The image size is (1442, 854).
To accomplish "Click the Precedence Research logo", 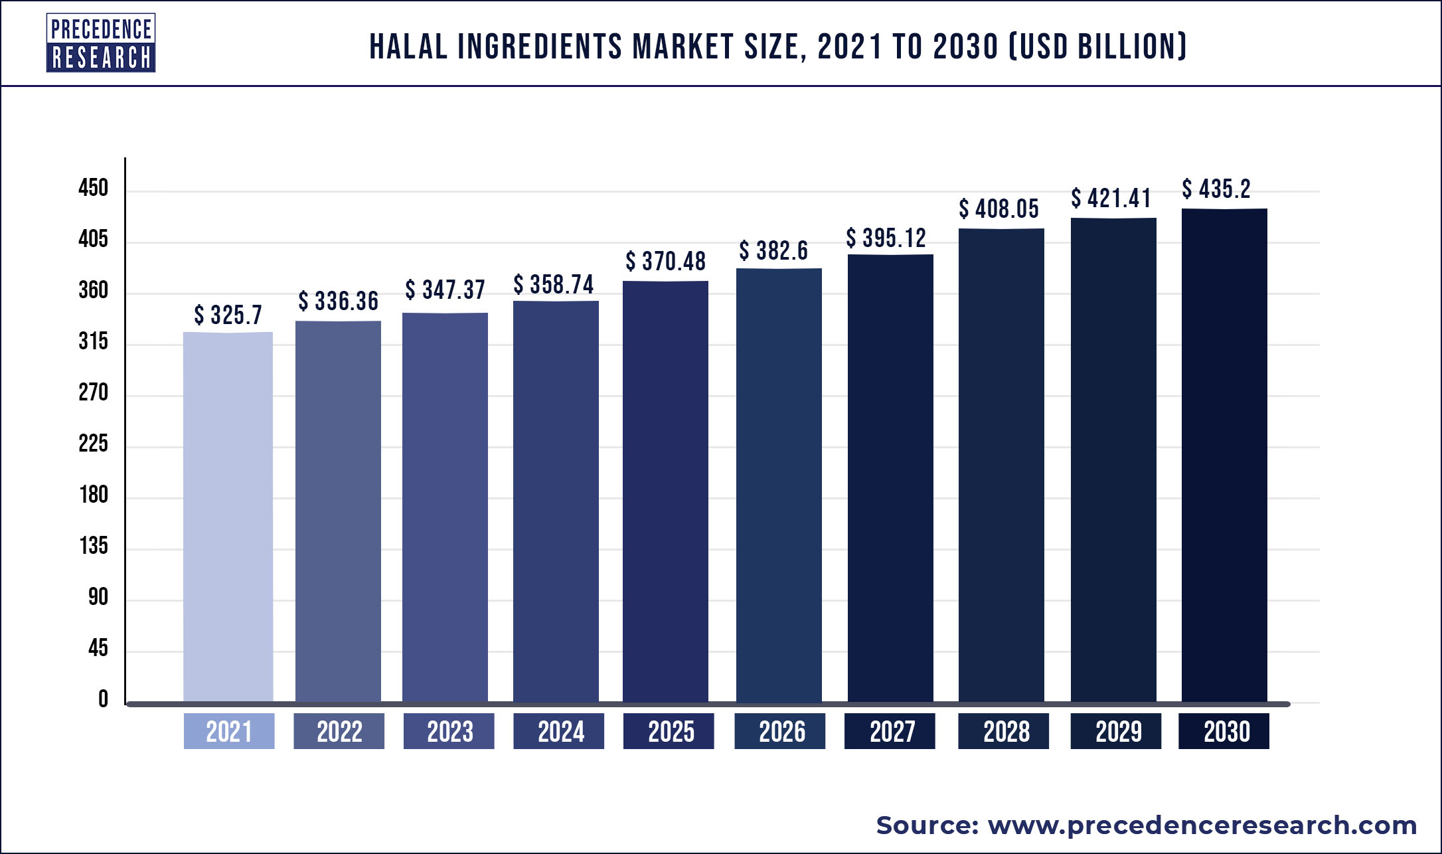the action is pos(101,43).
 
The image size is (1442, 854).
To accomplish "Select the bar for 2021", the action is pos(228,517).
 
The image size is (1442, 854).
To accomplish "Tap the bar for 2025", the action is pos(665,491).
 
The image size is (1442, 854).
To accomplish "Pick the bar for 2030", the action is pos(1224,455).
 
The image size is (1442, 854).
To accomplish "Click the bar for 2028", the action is pos(1001,465).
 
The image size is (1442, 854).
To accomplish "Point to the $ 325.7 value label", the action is pos(228,315).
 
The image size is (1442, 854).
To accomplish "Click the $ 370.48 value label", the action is pos(665,261).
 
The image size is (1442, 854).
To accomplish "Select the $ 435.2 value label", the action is pos(1216,189).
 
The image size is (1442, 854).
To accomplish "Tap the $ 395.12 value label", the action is pos(886,238).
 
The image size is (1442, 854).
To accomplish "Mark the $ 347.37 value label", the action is pos(445,290).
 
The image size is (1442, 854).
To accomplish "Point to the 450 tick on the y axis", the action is pos(93,188).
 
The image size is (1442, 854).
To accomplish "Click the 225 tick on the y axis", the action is pos(93,444).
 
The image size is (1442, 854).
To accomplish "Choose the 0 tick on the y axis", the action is pos(103,699).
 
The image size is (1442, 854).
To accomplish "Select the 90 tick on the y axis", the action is pos(98,597).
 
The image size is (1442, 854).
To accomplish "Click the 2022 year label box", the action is pos(339,731).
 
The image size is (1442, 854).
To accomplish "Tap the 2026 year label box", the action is pos(780,731).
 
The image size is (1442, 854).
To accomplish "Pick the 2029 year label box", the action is pos(1116,731).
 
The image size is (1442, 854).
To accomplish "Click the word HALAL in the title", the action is pos(408,46).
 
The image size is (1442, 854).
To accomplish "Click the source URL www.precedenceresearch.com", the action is pos(1202,825).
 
